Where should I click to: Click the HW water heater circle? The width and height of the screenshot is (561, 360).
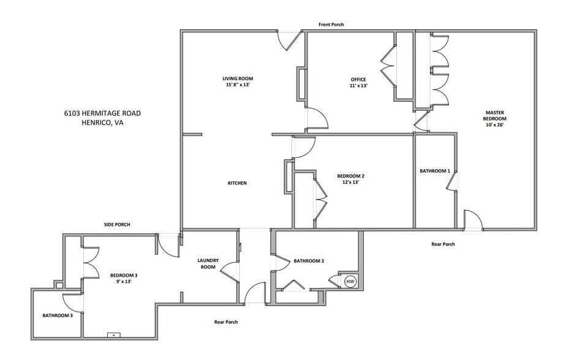coord(350,282)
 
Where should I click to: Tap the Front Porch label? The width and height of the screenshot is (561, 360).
coord(331,25)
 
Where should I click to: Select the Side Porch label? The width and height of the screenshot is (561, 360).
coord(116,225)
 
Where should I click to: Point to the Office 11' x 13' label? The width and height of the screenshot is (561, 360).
coord(358,83)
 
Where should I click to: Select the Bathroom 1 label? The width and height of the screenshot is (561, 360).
coord(435,171)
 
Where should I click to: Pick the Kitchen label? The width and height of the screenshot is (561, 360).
coord(237,183)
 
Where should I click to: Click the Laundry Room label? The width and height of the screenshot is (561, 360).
coord(208,264)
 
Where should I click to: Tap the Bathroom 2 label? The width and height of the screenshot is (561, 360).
coord(309,261)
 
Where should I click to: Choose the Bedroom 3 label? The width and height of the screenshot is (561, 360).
coord(124,279)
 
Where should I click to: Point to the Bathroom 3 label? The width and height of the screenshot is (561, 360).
coord(58,316)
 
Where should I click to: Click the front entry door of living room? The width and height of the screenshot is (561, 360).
coord(290,40)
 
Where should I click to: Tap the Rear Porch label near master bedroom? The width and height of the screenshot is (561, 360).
coord(443,244)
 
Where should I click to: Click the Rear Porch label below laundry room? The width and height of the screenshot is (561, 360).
coord(226,322)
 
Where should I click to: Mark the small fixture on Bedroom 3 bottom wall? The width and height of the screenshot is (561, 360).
coord(114,334)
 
